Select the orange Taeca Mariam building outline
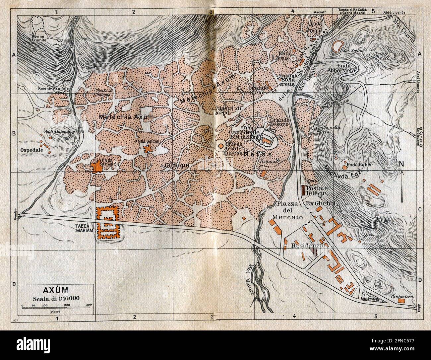pyautogui.click(x=107, y=223)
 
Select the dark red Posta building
pyautogui.click(x=303, y=190)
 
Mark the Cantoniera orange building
pyautogui.click(x=402, y=301)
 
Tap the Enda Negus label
pyautogui.click(x=317, y=27)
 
